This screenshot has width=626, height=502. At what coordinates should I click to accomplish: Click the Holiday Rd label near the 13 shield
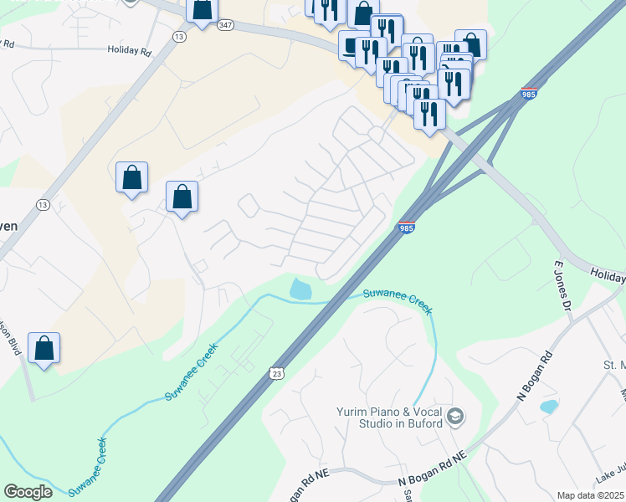[128, 50]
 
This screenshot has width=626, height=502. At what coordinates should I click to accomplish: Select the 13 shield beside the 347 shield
[178, 38]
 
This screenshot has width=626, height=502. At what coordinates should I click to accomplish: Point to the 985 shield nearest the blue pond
[405, 228]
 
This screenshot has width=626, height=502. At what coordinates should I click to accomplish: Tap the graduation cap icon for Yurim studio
[455, 417]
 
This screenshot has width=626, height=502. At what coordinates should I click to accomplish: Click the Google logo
[28, 492]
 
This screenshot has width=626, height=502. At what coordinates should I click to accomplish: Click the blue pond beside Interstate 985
[300, 289]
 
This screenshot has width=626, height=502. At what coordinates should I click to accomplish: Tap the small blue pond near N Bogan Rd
[548, 407]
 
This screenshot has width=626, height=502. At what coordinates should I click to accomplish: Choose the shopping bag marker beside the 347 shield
[202, 10]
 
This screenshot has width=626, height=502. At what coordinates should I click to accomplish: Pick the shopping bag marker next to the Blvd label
[44, 347]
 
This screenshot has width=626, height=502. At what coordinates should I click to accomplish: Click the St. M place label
[614, 365]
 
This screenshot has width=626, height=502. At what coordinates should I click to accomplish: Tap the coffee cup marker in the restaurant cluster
[351, 45]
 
